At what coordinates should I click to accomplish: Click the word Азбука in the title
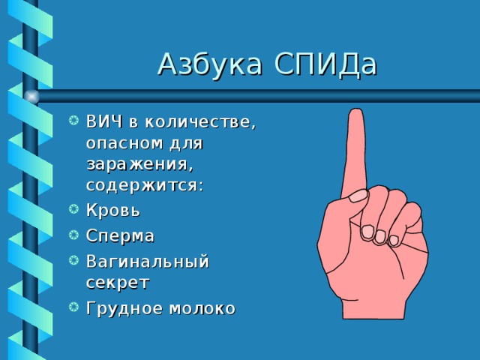210,64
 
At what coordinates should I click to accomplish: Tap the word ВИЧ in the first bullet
104,121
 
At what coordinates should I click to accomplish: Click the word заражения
140,165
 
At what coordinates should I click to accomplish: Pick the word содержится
145,185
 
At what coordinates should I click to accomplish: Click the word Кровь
113,210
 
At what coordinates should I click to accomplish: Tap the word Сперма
120,236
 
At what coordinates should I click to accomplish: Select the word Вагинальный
148,262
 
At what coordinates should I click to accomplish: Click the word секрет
118,283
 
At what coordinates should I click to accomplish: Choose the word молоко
202,308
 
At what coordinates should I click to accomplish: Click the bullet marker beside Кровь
73,209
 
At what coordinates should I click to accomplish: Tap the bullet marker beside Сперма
73,235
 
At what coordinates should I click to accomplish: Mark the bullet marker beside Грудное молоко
73,307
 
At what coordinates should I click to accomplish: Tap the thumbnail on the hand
358,196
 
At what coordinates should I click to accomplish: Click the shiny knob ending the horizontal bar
31,97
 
